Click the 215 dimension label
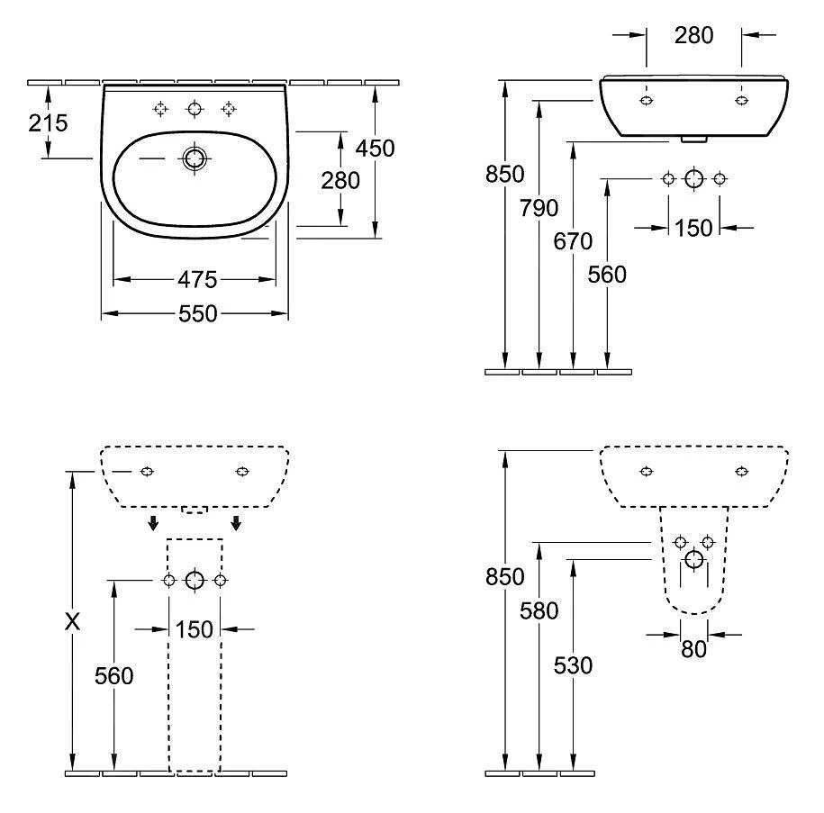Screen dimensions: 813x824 pyautogui.click(x=48, y=122)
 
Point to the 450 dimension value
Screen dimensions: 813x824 pyautogui.click(x=376, y=149)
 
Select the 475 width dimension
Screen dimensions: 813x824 pyautogui.click(x=196, y=280)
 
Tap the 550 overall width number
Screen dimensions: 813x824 pyautogui.click(x=197, y=313)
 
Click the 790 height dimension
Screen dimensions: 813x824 pyautogui.click(x=539, y=208)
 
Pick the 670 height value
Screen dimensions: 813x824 pyautogui.click(x=574, y=241)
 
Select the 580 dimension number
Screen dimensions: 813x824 pyautogui.click(x=539, y=611)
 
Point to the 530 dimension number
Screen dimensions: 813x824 pyautogui.click(x=574, y=665)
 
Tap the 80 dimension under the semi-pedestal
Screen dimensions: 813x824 pyautogui.click(x=693, y=648)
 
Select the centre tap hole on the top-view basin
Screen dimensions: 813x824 pyautogui.click(x=194, y=109)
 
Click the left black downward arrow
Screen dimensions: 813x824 pyautogui.click(x=154, y=524)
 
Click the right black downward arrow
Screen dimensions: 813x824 pyautogui.click(x=236, y=524)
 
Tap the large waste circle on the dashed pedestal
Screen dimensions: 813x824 pyautogui.click(x=195, y=581)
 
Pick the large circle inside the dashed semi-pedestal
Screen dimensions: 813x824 pyautogui.click(x=693, y=561)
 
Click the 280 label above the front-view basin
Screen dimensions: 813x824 pyautogui.click(x=693, y=35)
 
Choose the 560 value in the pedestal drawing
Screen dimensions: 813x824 pyautogui.click(x=114, y=675)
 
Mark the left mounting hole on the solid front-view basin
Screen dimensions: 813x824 pyautogui.click(x=646, y=100)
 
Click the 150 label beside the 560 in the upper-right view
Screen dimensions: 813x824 pyautogui.click(x=693, y=228)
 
